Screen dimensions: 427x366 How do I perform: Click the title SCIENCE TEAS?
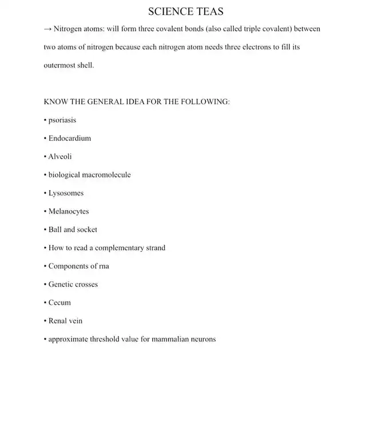pos(186,11)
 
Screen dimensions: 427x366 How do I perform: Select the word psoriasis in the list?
pos(62,120)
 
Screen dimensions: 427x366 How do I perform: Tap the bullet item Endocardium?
pos(69,138)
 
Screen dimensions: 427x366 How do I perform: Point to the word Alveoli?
pos(60,156)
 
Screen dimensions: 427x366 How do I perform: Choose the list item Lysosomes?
pos(66,193)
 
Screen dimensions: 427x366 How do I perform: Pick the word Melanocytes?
pos(69,211)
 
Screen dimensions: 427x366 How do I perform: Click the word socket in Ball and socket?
pos(87,230)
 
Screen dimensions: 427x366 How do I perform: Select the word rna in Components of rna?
pos(104,266)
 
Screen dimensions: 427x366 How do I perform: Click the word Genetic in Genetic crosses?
pos(61,284)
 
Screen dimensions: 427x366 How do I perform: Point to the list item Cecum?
pos(59,303)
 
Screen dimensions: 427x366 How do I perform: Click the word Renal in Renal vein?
pos(57,321)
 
